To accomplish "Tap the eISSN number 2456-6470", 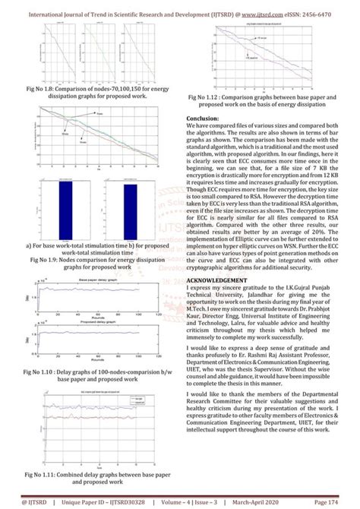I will (x=334, y=13).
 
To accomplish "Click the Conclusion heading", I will (x=207, y=119).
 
